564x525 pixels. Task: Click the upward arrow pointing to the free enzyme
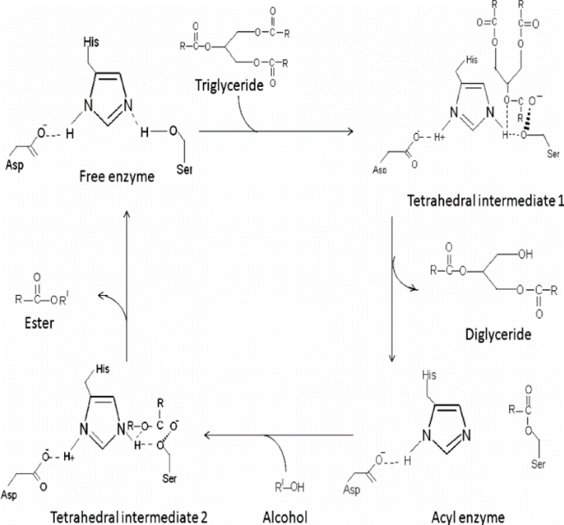click(128, 279)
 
